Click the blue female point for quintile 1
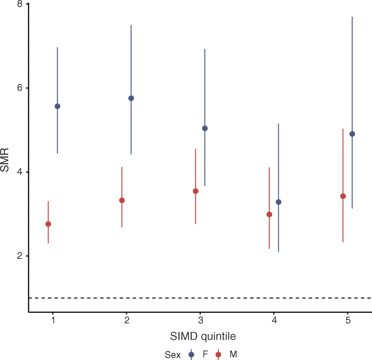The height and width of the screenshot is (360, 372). (x=57, y=106)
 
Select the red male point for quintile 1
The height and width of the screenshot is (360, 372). (x=48, y=224)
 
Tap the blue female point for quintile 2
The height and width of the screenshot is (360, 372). (x=131, y=98)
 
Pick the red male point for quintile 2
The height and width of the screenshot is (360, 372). (x=122, y=200)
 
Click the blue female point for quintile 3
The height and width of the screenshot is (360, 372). (x=205, y=128)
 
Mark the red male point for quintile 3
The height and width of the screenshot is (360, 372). (x=195, y=191)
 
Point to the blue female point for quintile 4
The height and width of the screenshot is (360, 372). (x=278, y=202)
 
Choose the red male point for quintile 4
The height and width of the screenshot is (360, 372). (x=269, y=214)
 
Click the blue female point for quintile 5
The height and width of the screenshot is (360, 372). (x=352, y=134)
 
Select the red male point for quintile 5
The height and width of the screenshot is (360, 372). (x=343, y=196)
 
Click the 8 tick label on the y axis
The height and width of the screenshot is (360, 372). (x=20, y=4)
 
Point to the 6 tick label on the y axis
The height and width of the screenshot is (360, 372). (x=20, y=88)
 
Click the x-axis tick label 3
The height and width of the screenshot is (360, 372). (x=201, y=321)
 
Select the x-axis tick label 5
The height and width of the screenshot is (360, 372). (x=348, y=321)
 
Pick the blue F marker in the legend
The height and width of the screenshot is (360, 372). (x=192, y=354)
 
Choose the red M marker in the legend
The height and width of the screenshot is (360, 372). (x=218, y=354)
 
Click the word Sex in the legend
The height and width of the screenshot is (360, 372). (x=172, y=355)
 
